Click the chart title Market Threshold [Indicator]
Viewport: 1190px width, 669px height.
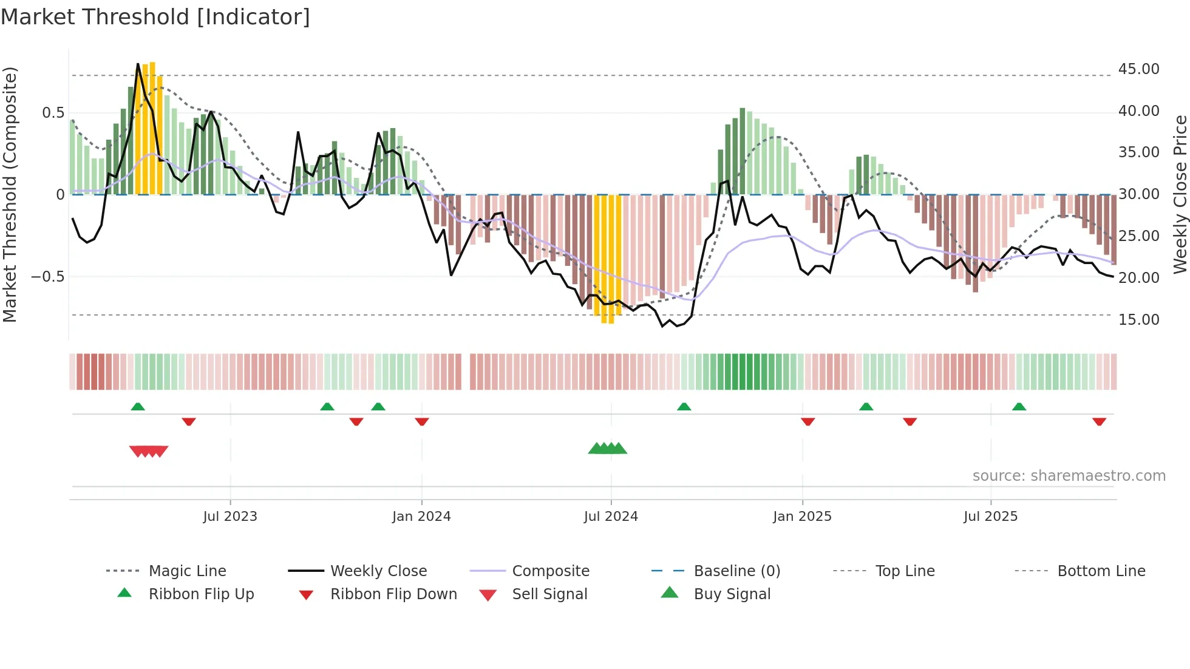pyautogui.click(x=155, y=17)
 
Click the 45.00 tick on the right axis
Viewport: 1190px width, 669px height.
pyautogui.click(x=1138, y=69)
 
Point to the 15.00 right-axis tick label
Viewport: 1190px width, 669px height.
pyautogui.click(x=1138, y=319)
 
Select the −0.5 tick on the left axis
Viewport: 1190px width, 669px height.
pyautogui.click(x=47, y=277)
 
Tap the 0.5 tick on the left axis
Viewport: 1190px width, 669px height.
pyautogui.click(x=53, y=113)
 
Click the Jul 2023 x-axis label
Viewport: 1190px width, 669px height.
pyautogui.click(x=230, y=517)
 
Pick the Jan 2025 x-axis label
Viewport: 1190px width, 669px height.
pyautogui.click(x=802, y=517)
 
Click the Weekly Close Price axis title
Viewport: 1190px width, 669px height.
pyautogui.click(x=1180, y=194)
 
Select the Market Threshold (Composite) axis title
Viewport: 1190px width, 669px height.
pyautogui.click(x=10, y=194)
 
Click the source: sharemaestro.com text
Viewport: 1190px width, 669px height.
pyautogui.click(x=1069, y=476)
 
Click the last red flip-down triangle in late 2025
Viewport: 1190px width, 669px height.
pyautogui.click(x=1099, y=421)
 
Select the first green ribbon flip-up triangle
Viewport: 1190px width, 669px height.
pyautogui.click(x=138, y=407)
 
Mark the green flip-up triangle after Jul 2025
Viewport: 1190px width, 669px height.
pyautogui.click(x=1019, y=407)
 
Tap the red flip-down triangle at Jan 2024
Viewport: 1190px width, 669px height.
pyautogui.click(x=422, y=421)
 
